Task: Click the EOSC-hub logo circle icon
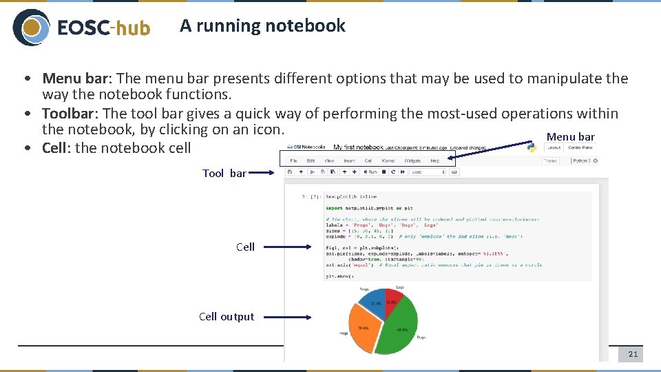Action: [31, 28]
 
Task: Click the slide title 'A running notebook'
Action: [262, 26]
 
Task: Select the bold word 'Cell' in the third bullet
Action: [54, 148]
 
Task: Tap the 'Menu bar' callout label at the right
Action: [570, 136]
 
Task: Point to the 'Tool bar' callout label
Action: [224, 174]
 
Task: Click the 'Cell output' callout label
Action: [227, 317]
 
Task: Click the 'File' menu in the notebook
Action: [293, 161]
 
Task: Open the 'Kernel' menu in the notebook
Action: [388, 161]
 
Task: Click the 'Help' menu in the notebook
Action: [434, 161]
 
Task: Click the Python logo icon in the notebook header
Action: [532, 147]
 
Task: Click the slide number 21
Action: [633, 354]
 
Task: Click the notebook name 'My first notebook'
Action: [358, 147]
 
